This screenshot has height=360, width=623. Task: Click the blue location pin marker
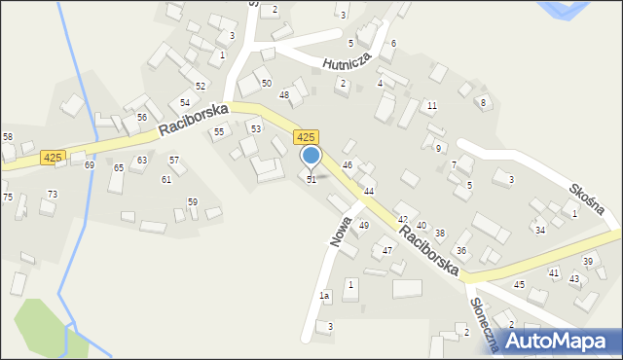[x=311, y=157]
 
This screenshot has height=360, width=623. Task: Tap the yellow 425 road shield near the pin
[x=306, y=139]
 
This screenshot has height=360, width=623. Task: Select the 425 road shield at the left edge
[x=53, y=158]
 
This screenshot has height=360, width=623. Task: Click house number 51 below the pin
[x=311, y=179]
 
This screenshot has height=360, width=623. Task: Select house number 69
[x=90, y=165]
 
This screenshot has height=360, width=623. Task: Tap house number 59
[x=193, y=201]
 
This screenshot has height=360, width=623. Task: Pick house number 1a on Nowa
[x=325, y=295]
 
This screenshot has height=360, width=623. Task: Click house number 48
[x=284, y=94]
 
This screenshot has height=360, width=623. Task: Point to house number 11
[x=431, y=105]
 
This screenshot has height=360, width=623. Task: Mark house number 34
[x=539, y=230]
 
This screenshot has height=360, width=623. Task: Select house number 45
[x=519, y=284]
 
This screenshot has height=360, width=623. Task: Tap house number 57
[x=174, y=160]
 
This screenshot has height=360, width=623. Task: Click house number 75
[x=7, y=198]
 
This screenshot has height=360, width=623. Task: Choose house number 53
[x=255, y=128]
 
